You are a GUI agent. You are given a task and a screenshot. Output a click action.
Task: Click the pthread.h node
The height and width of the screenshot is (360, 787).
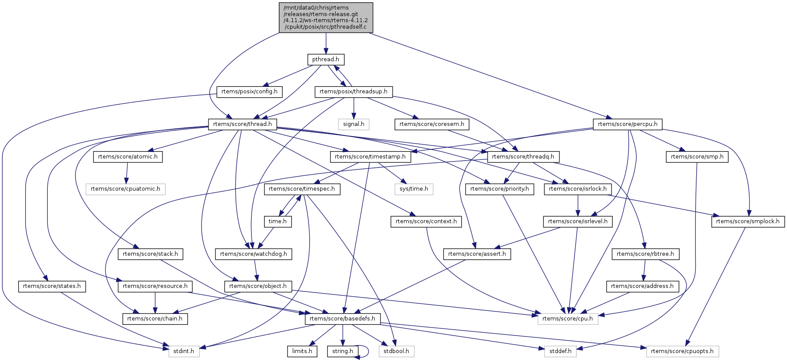[x=326, y=59]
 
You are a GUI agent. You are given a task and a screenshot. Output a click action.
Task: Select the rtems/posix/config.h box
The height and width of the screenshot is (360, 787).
[x=249, y=92]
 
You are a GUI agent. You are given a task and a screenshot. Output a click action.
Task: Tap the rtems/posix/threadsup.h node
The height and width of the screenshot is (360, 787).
[x=354, y=92]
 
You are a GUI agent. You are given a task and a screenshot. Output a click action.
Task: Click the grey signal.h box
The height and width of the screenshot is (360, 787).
[x=354, y=124]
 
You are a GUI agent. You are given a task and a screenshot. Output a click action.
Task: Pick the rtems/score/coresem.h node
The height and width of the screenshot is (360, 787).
[x=432, y=124]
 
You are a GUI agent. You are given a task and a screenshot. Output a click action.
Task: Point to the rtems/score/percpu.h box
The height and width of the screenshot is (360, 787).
[x=628, y=124]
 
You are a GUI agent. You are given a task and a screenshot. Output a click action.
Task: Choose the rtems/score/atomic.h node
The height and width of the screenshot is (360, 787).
[x=128, y=157]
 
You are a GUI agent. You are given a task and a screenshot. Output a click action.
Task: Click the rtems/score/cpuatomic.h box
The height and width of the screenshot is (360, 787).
[x=126, y=189]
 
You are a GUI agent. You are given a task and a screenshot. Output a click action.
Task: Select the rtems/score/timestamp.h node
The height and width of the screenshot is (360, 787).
[x=370, y=157]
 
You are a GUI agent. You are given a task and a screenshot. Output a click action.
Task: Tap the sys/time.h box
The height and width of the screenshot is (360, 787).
[x=414, y=189]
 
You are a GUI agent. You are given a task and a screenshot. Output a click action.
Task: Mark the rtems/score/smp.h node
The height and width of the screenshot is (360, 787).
[x=697, y=157]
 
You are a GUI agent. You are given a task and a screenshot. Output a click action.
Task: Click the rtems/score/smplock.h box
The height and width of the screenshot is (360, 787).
[x=748, y=221]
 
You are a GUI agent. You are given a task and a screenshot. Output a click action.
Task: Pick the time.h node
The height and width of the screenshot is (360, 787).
[x=278, y=221]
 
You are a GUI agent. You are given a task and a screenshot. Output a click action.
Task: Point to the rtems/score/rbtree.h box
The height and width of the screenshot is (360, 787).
[x=645, y=254]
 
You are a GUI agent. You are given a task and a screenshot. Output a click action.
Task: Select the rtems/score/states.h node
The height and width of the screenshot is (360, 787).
[x=52, y=286]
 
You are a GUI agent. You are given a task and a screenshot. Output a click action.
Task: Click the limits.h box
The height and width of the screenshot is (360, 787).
[x=302, y=351]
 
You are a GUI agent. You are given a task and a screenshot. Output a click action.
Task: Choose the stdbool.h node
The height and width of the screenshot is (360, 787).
[x=396, y=351]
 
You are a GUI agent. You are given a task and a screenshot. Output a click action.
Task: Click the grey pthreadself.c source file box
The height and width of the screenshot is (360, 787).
[x=326, y=17]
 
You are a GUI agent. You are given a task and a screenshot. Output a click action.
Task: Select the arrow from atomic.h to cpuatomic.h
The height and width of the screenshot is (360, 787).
[x=127, y=173]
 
